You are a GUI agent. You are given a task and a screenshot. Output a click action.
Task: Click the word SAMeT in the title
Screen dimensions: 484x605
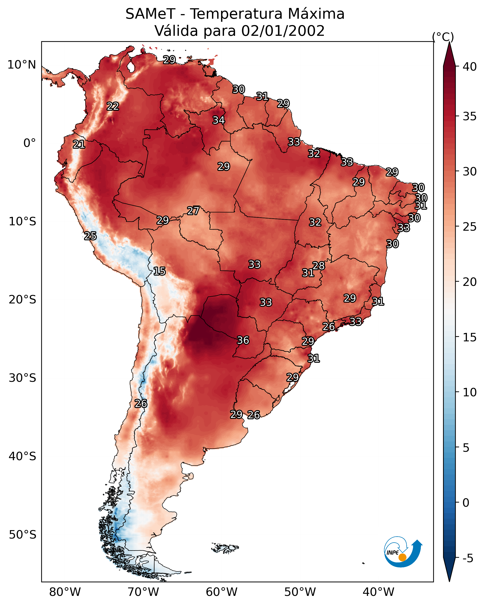click(x=150, y=14)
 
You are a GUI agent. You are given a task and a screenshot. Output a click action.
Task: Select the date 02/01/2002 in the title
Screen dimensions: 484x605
click(x=283, y=31)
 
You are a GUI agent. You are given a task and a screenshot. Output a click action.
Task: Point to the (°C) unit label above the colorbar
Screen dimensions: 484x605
click(x=443, y=37)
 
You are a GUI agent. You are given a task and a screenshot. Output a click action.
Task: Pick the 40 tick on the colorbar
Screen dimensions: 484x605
click(x=470, y=67)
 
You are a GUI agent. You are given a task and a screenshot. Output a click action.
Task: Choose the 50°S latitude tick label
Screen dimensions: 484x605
click(x=22, y=535)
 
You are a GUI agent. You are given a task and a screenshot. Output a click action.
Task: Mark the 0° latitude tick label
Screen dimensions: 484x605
click(x=30, y=143)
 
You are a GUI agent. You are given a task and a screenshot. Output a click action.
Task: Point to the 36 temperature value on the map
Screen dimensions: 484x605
click(x=243, y=340)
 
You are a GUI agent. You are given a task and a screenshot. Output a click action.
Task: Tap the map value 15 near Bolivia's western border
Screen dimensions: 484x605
click(x=159, y=271)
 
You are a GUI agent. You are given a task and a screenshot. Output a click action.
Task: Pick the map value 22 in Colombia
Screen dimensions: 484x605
click(x=113, y=106)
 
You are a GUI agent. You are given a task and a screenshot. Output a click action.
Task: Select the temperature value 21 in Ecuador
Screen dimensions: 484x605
click(x=79, y=145)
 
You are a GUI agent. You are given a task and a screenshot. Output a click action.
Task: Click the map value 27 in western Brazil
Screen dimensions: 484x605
click(x=193, y=211)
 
